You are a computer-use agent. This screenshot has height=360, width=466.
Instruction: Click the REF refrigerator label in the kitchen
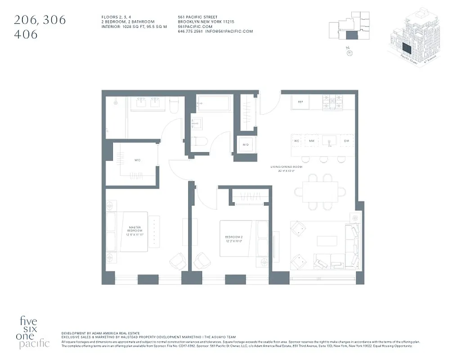click(300, 102)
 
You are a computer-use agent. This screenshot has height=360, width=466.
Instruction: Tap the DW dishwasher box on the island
click(346, 141)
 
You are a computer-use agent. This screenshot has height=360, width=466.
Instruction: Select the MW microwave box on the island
click(311, 141)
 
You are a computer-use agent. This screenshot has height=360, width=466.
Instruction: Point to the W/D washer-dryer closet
click(246, 144)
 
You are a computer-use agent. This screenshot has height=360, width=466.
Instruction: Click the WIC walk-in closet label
click(137, 160)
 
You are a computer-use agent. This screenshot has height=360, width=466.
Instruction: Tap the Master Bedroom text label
click(135, 231)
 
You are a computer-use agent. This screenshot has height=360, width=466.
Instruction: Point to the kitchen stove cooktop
click(332, 103)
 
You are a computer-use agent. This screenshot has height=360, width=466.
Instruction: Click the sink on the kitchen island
click(329, 141)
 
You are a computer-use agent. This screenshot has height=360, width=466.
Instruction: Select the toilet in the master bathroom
click(175, 104)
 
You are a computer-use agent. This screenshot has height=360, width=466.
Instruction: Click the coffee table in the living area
click(327, 241)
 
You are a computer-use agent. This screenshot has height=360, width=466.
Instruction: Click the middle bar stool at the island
click(323, 159)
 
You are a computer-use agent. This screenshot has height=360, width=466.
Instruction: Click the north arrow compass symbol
click(350, 53)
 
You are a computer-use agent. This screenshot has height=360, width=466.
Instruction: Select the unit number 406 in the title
click(26, 34)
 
